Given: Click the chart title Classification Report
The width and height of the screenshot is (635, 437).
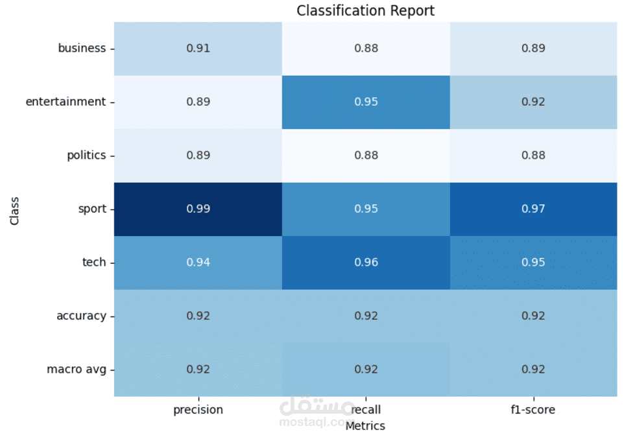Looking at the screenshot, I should [365, 10].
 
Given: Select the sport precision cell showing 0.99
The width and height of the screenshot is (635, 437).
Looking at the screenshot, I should [198, 209].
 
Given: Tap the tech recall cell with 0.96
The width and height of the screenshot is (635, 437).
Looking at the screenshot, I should [366, 263].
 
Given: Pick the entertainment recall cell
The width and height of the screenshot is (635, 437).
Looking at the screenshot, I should [366, 102].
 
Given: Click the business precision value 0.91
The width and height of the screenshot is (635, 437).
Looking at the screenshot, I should [198, 48].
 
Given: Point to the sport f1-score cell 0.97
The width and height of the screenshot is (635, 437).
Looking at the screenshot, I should [533, 209].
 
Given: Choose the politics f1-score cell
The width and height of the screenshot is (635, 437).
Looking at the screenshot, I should [533, 156].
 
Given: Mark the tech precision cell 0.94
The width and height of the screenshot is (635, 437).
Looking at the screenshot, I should [198, 263].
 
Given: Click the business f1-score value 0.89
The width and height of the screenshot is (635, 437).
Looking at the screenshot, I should [533, 48].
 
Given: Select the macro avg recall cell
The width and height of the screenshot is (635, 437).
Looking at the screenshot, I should [366, 370].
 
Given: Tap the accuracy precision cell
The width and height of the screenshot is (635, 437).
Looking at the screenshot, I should [198, 316].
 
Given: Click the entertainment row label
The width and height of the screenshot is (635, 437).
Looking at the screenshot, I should [66, 102].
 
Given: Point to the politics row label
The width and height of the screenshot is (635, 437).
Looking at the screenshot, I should [86, 156].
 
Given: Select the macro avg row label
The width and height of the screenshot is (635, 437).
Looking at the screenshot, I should [76, 370].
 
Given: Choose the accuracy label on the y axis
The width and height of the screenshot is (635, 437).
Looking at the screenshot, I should [81, 316].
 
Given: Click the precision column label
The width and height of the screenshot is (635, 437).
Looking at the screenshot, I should [198, 410].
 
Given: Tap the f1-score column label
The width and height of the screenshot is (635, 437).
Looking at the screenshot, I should [533, 410].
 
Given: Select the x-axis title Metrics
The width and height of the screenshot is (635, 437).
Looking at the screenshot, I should [365, 427].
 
